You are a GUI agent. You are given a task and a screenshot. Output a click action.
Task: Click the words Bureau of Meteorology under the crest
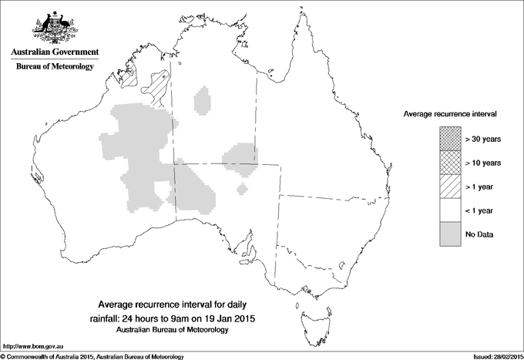[x=55, y=67]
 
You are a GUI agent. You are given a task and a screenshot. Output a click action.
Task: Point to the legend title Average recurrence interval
[x=449, y=113]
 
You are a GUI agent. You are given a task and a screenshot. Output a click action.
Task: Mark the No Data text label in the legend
[x=479, y=234]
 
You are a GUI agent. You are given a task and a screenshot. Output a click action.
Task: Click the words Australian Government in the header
[x=55, y=52]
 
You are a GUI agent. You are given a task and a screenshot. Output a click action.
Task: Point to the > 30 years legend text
[x=483, y=139]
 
